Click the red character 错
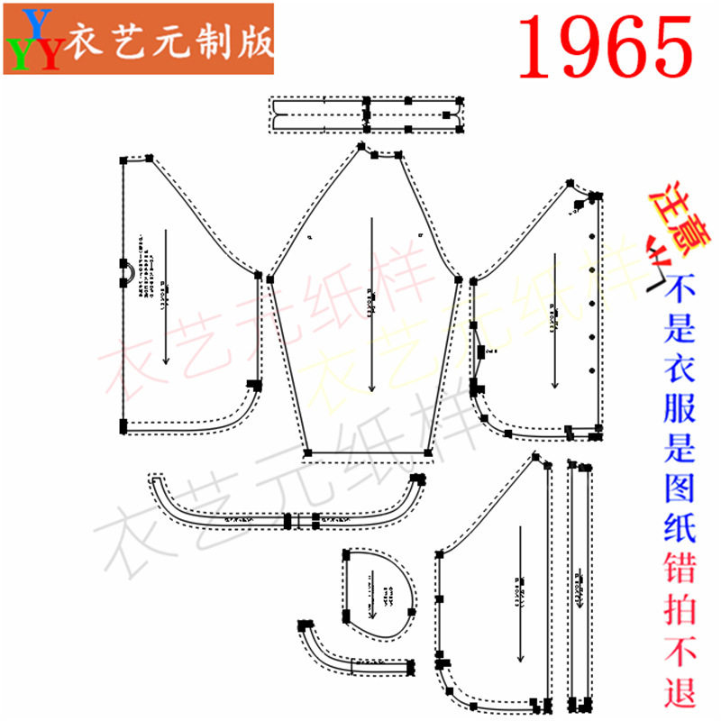[x=682, y=569]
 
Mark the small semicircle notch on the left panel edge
[x=127, y=269]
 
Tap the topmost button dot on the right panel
[x=591, y=236]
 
